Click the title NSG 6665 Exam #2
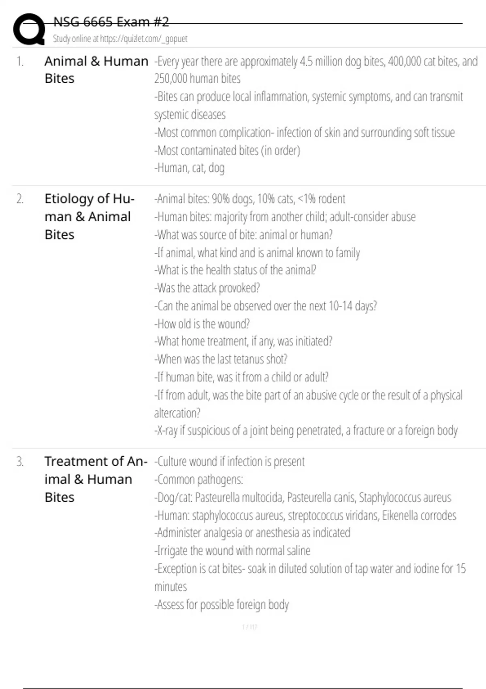tap(111, 22)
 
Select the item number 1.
tap(20, 61)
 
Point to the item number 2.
tap(20, 199)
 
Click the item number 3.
tap(20, 461)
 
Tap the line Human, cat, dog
tap(190, 168)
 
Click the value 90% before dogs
tap(221, 199)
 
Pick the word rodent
tap(332, 199)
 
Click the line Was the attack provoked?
tap(207, 288)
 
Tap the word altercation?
tap(177, 413)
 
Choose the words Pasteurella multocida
tap(238, 497)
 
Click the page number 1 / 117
tap(249, 627)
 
